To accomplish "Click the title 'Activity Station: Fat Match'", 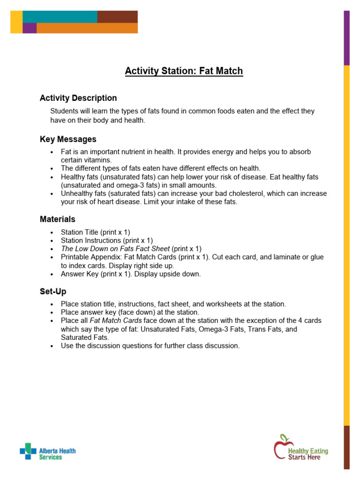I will [x=184, y=71].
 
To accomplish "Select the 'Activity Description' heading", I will [x=78, y=98].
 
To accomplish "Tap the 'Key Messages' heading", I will [x=68, y=139].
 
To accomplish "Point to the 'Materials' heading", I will [x=57, y=219].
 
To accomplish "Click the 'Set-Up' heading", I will [x=53, y=292].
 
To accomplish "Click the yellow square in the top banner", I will [x=16, y=22].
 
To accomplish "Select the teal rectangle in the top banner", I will [x=60, y=16].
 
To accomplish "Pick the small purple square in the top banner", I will [x=30, y=28].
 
